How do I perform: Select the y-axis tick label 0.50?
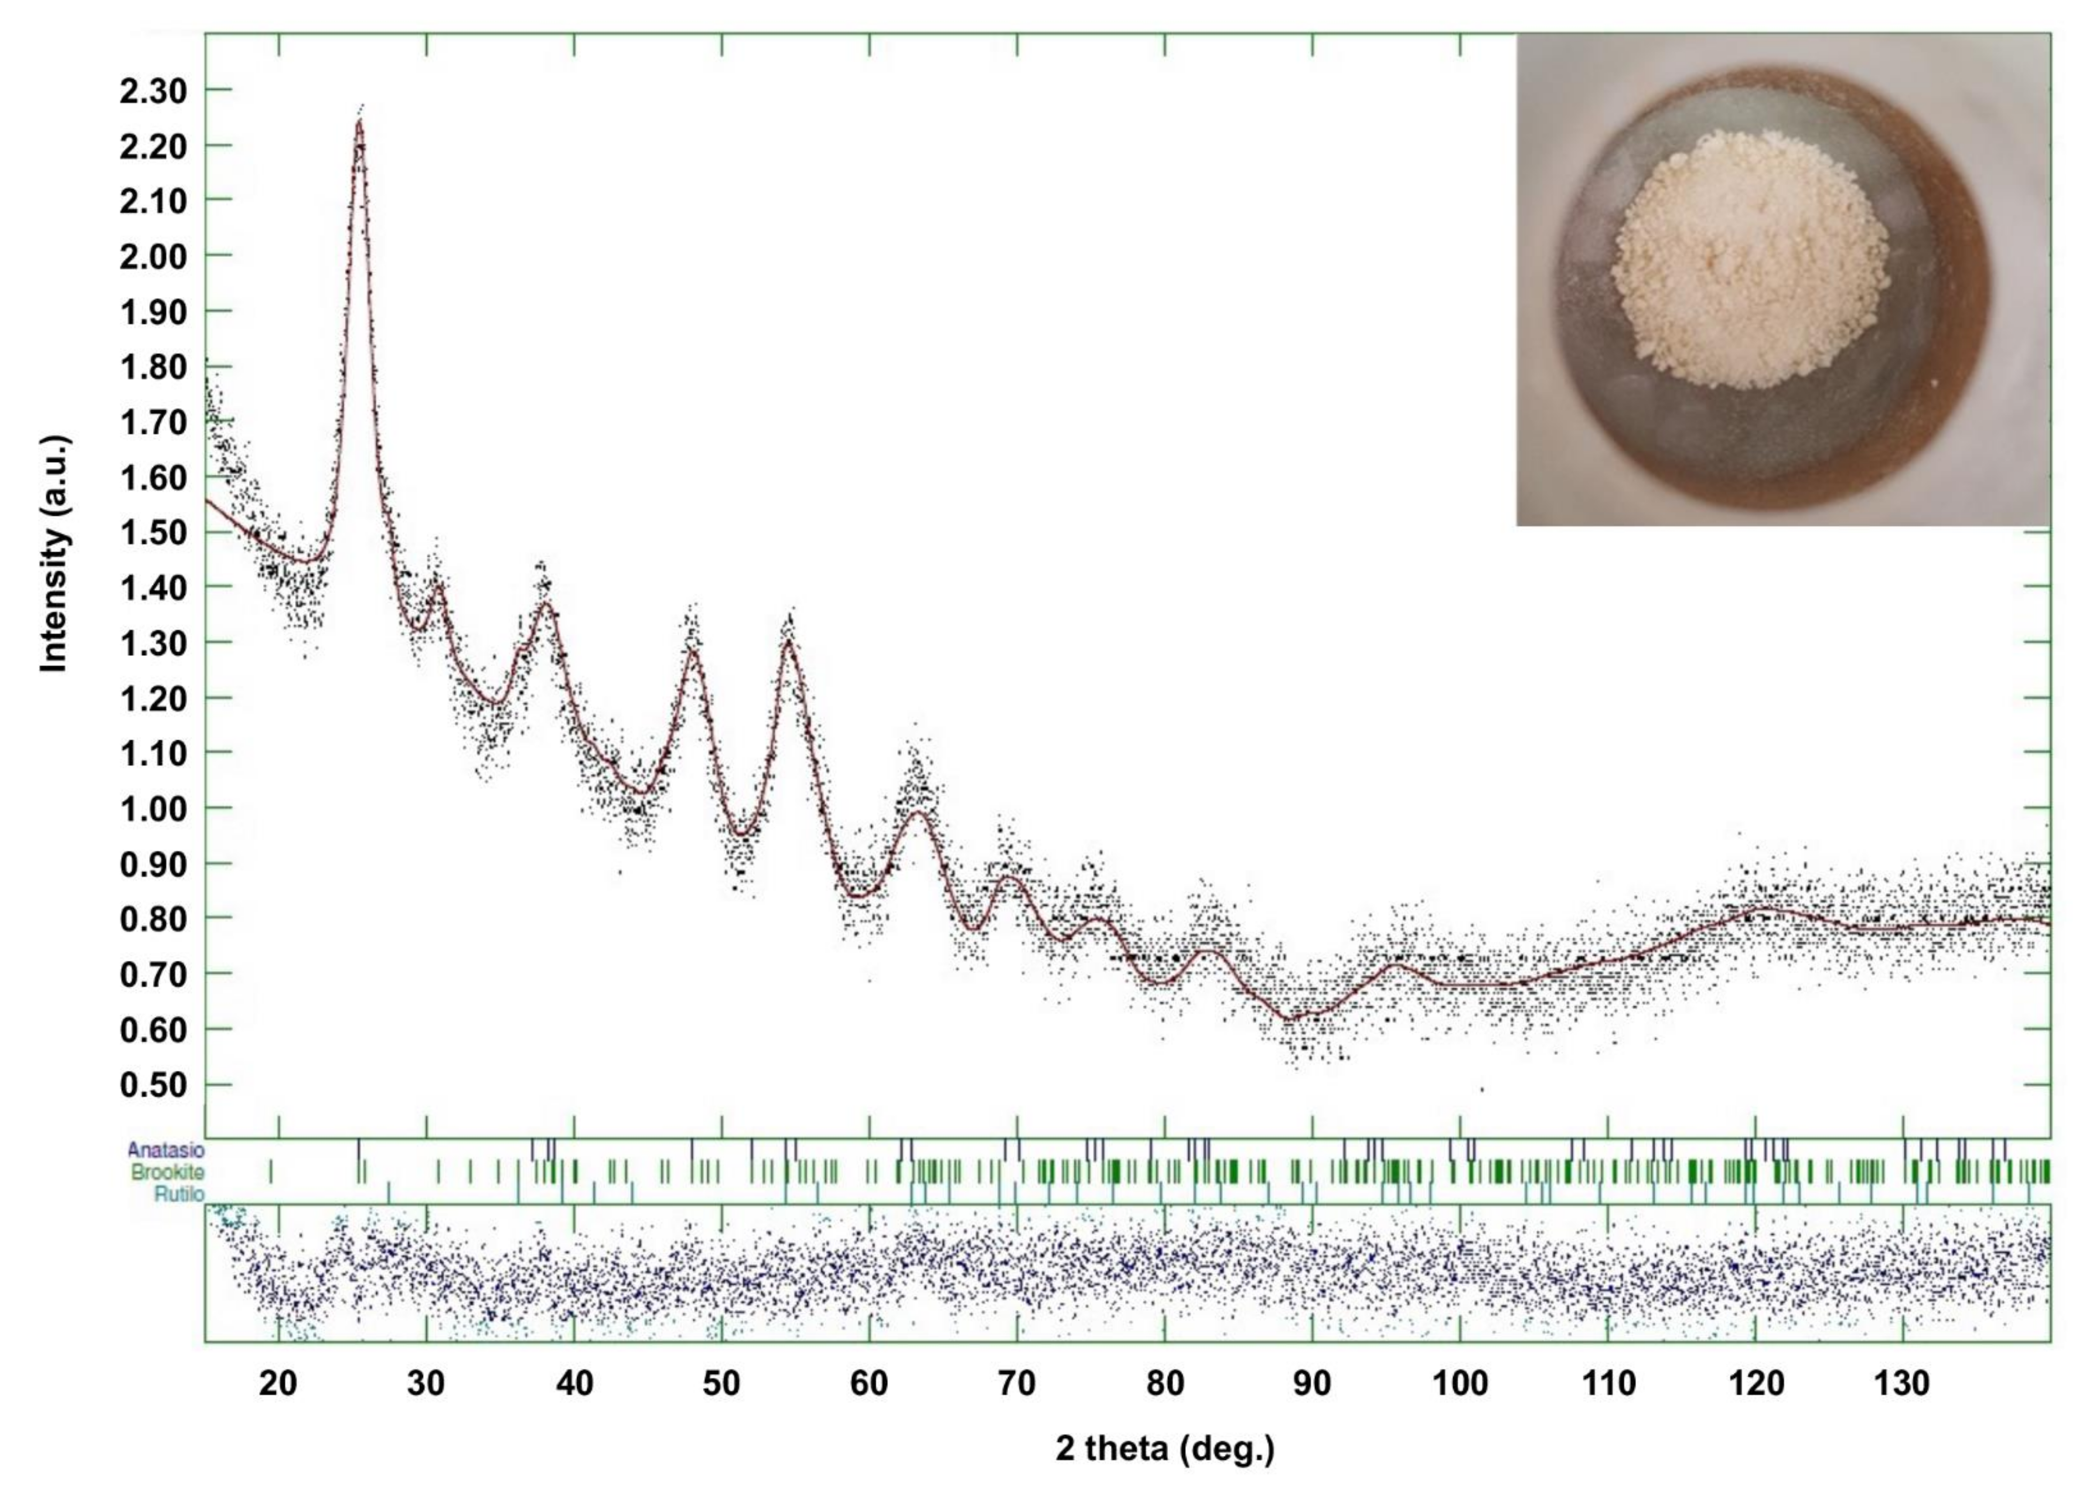[x=152, y=1085]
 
